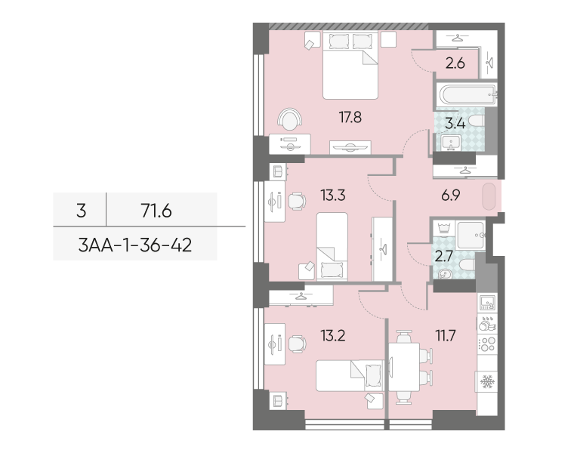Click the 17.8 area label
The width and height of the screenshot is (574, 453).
click(x=350, y=118)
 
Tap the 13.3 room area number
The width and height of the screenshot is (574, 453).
click(x=333, y=196)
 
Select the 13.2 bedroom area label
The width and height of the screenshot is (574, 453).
click(x=333, y=335)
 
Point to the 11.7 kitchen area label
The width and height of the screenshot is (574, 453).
click(x=445, y=335)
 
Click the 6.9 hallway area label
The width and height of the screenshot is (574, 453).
click(x=451, y=196)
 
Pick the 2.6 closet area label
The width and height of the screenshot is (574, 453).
click(x=455, y=63)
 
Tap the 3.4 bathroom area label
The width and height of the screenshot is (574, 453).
click(x=455, y=124)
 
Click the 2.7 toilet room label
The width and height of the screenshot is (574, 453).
click(x=443, y=256)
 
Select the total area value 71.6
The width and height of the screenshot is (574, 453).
click(x=156, y=211)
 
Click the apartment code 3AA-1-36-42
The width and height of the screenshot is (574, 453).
click(x=135, y=245)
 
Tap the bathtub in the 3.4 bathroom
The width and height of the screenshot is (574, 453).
click(x=467, y=94)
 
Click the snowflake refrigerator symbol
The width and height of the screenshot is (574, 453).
click(x=487, y=381)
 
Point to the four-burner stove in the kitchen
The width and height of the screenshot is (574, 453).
click(x=487, y=344)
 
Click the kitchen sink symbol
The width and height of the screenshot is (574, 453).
click(x=488, y=303)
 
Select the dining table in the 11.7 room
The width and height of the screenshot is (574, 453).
click(x=404, y=367)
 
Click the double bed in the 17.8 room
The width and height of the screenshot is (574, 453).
click(x=350, y=65)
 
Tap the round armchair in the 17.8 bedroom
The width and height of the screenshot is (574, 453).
click(x=290, y=119)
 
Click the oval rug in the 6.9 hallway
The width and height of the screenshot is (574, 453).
click(x=489, y=196)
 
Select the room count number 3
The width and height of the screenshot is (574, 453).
click(x=82, y=211)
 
